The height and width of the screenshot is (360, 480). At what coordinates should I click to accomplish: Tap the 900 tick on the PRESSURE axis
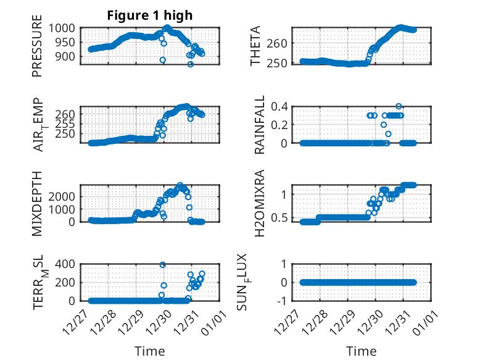point(71,56)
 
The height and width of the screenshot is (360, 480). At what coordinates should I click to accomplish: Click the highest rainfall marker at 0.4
point(399,106)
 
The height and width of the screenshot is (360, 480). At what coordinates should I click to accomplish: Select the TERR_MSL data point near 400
point(163,265)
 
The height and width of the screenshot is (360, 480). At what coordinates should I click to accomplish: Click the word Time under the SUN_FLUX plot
point(362,351)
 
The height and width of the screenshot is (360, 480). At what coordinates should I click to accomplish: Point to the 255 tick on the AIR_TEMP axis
point(71,123)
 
